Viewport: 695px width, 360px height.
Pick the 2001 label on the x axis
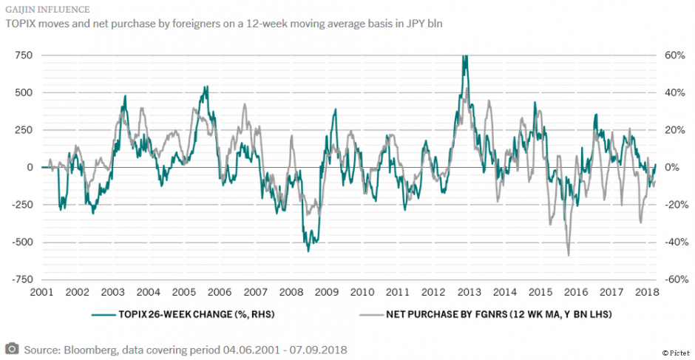tap(41, 292)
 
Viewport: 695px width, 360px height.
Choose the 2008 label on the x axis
tap(291, 292)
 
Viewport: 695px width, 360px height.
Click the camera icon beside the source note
tap(12, 348)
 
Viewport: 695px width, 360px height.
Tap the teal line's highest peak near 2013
tap(464, 57)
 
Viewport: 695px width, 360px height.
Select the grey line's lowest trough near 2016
tap(569, 255)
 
